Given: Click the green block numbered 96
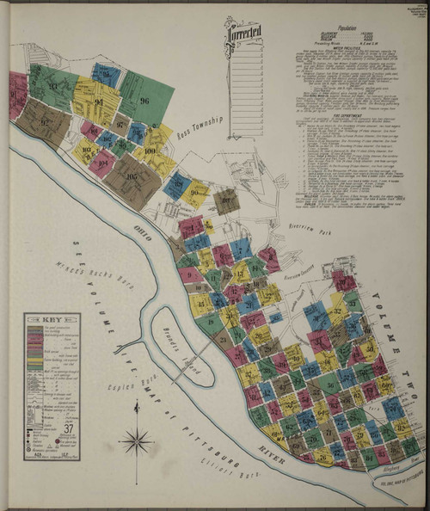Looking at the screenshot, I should pos(144,100).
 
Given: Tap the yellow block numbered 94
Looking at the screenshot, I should pos(98,102).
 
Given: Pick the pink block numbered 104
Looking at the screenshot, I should pos(103,162).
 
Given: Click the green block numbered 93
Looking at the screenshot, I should pos(53,85).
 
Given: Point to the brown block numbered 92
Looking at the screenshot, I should pos(44,121).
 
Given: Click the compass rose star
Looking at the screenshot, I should pos(136,442).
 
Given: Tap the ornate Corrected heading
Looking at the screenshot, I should pos(244,34).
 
